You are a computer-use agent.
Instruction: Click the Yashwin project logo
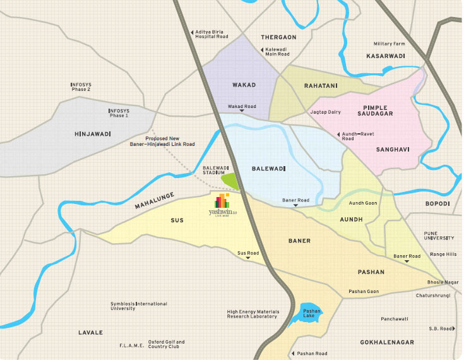[x=222, y=206]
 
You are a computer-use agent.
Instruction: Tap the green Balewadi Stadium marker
[x=230, y=181]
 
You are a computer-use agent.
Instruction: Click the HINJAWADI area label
[x=93, y=134]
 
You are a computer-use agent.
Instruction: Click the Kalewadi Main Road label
[x=276, y=51]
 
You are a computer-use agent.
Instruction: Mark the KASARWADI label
[x=386, y=56]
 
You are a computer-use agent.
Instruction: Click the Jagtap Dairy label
[x=325, y=112]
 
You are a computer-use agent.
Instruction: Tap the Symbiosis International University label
[x=138, y=306]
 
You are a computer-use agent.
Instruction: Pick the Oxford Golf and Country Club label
[x=167, y=344]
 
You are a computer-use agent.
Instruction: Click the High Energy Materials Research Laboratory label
[x=252, y=314]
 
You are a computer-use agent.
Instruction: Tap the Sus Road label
[x=247, y=253]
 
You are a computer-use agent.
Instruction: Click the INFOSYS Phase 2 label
[x=81, y=87]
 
